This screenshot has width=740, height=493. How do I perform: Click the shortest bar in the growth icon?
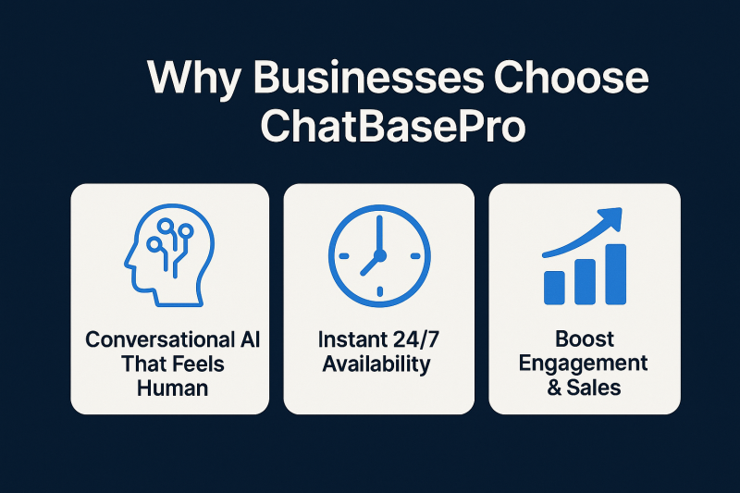(556, 286)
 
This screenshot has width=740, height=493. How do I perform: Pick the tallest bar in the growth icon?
(613, 274)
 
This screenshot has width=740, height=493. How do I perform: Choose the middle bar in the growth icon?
(585, 280)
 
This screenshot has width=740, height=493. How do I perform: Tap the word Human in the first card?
(172, 387)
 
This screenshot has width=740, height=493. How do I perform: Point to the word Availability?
(376, 364)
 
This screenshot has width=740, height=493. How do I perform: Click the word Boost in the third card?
(584, 339)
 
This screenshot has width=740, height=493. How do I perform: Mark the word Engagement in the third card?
(584, 363)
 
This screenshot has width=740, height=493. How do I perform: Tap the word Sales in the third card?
(597, 387)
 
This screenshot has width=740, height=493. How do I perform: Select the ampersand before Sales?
(555, 387)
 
